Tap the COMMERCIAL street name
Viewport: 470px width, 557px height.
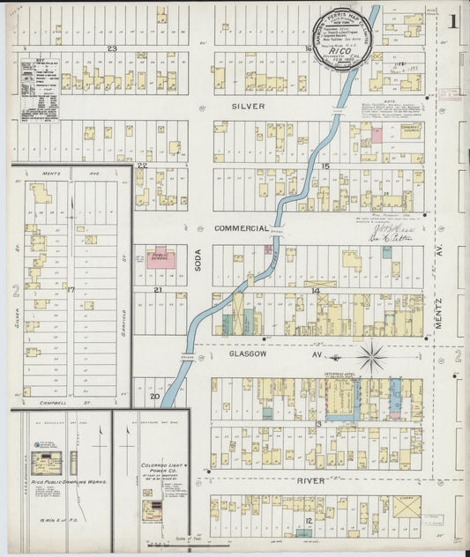pos(241,228)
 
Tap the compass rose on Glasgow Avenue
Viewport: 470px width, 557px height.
pos(372,357)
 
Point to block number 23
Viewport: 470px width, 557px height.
pos(112,48)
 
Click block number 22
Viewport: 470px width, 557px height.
pos(141,165)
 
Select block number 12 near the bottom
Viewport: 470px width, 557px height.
pos(309,520)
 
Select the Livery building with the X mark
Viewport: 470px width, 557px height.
pos(407,509)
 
